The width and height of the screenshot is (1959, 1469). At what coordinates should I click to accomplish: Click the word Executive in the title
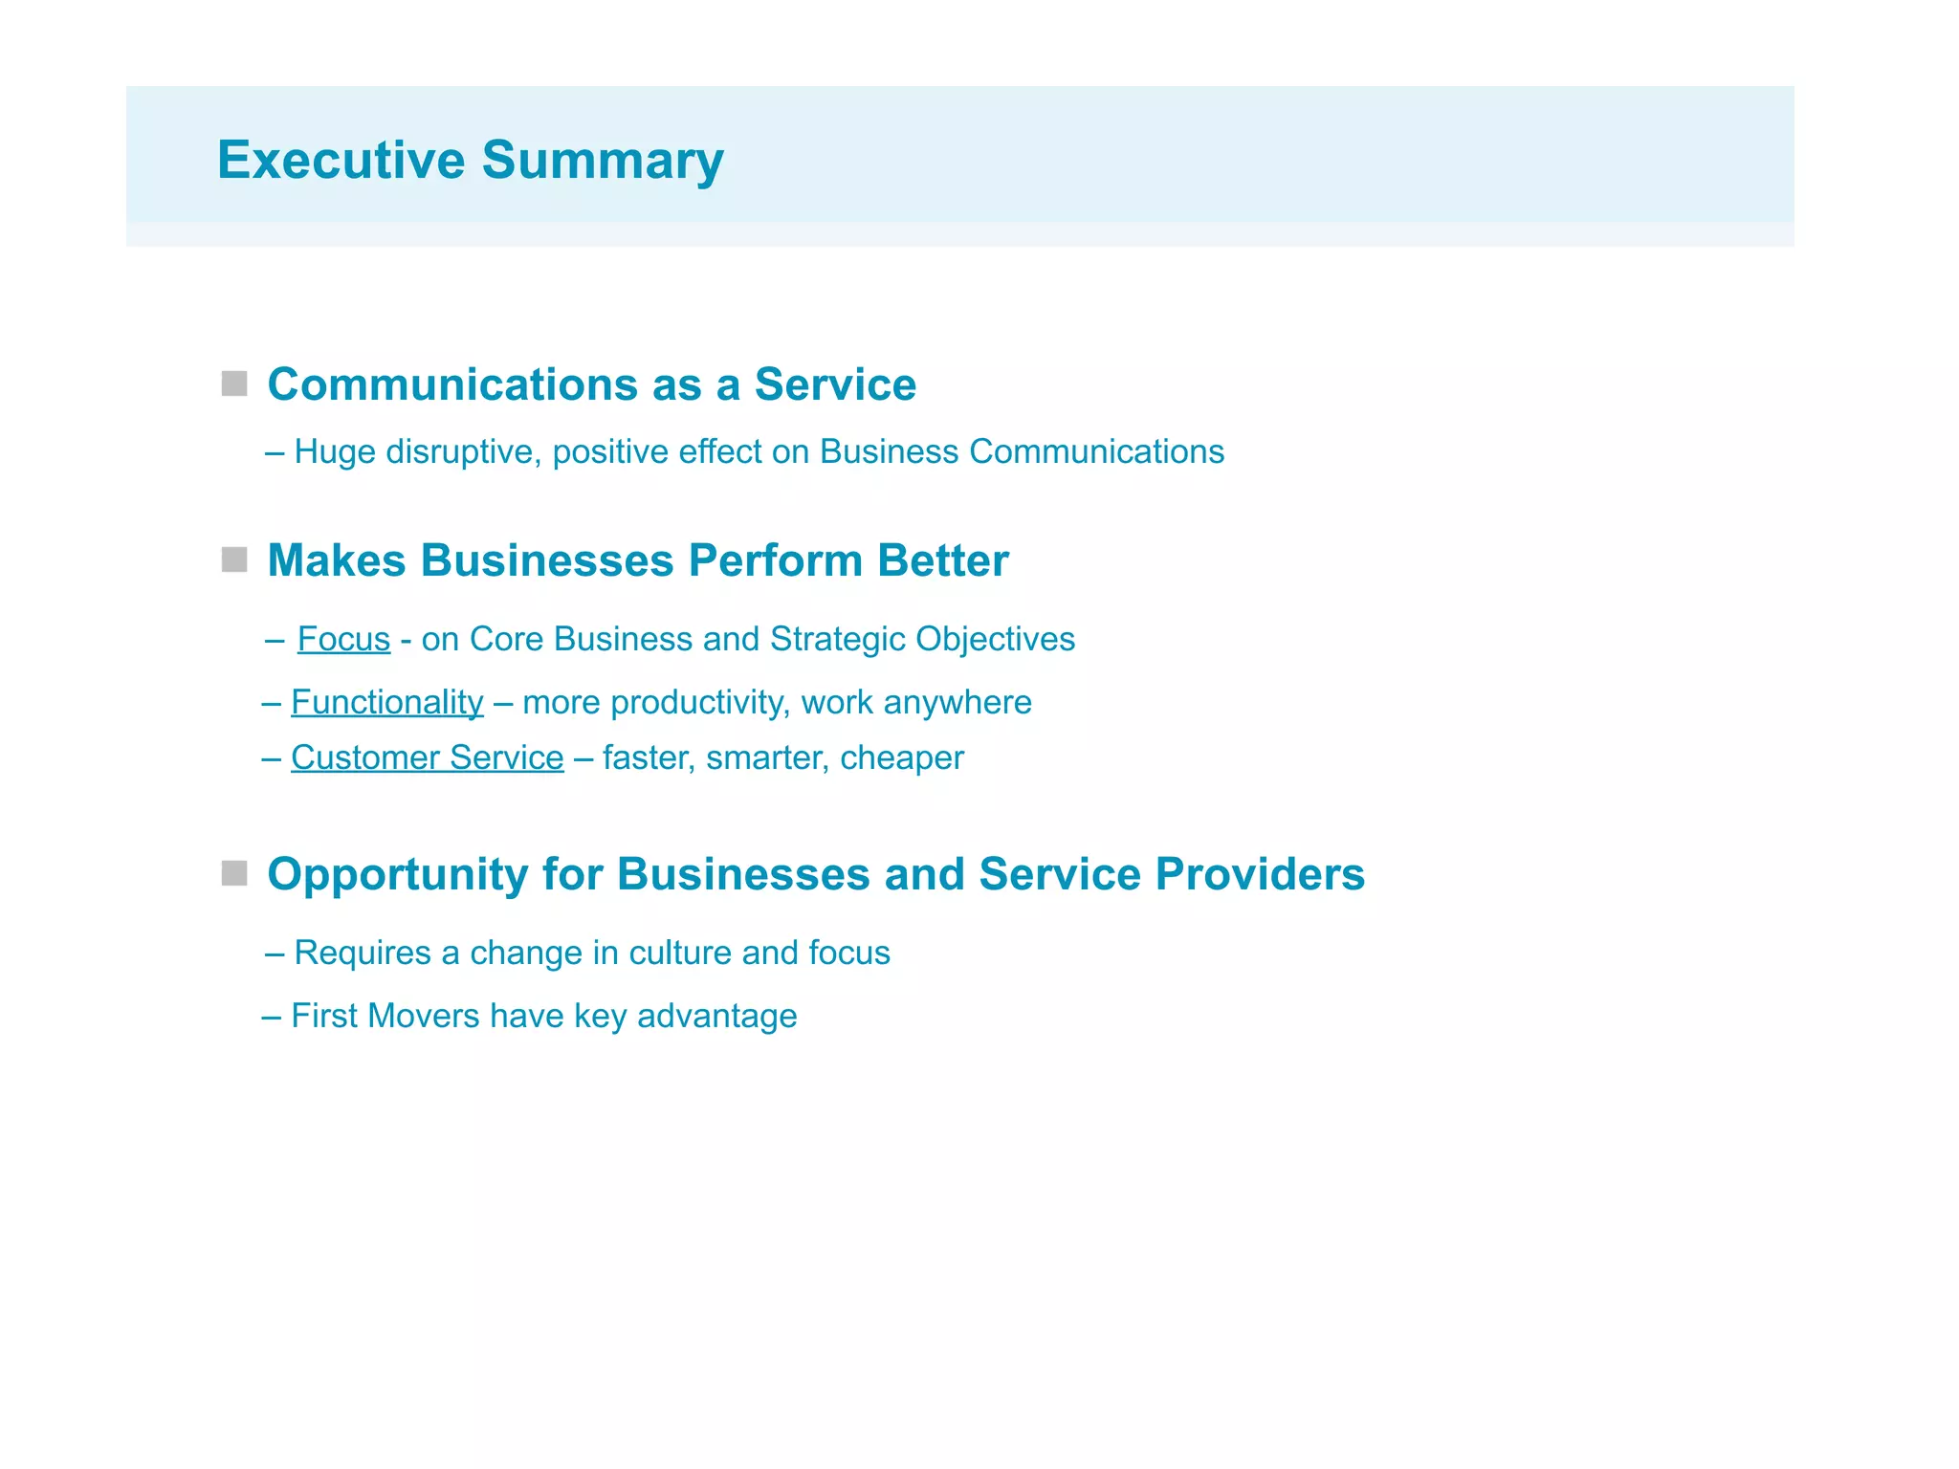click(341, 160)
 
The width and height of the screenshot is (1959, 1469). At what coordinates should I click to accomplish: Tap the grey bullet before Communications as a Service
click(234, 384)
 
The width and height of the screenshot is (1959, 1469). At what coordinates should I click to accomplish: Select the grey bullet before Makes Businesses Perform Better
click(234, 559)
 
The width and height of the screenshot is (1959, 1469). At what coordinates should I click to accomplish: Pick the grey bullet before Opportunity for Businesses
click(234, 873)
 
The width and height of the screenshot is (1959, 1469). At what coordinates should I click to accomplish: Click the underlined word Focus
click(343, 639)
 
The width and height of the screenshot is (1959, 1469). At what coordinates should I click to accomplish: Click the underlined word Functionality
click(387, 702)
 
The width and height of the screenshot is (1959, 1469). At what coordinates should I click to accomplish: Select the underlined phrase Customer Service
click(428, 757)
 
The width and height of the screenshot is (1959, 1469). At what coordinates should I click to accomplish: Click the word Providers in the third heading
click(1260, 873)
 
